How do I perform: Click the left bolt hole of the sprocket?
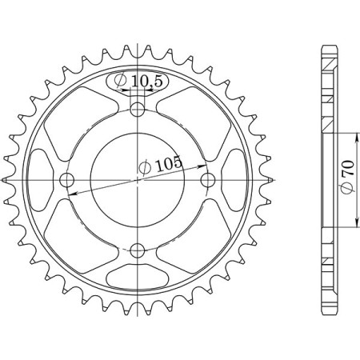point(67,178)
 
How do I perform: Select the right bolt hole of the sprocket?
point(208,178)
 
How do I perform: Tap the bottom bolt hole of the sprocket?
point(138,250)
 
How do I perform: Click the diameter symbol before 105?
point(145,167)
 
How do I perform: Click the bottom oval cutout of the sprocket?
point(138,277)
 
